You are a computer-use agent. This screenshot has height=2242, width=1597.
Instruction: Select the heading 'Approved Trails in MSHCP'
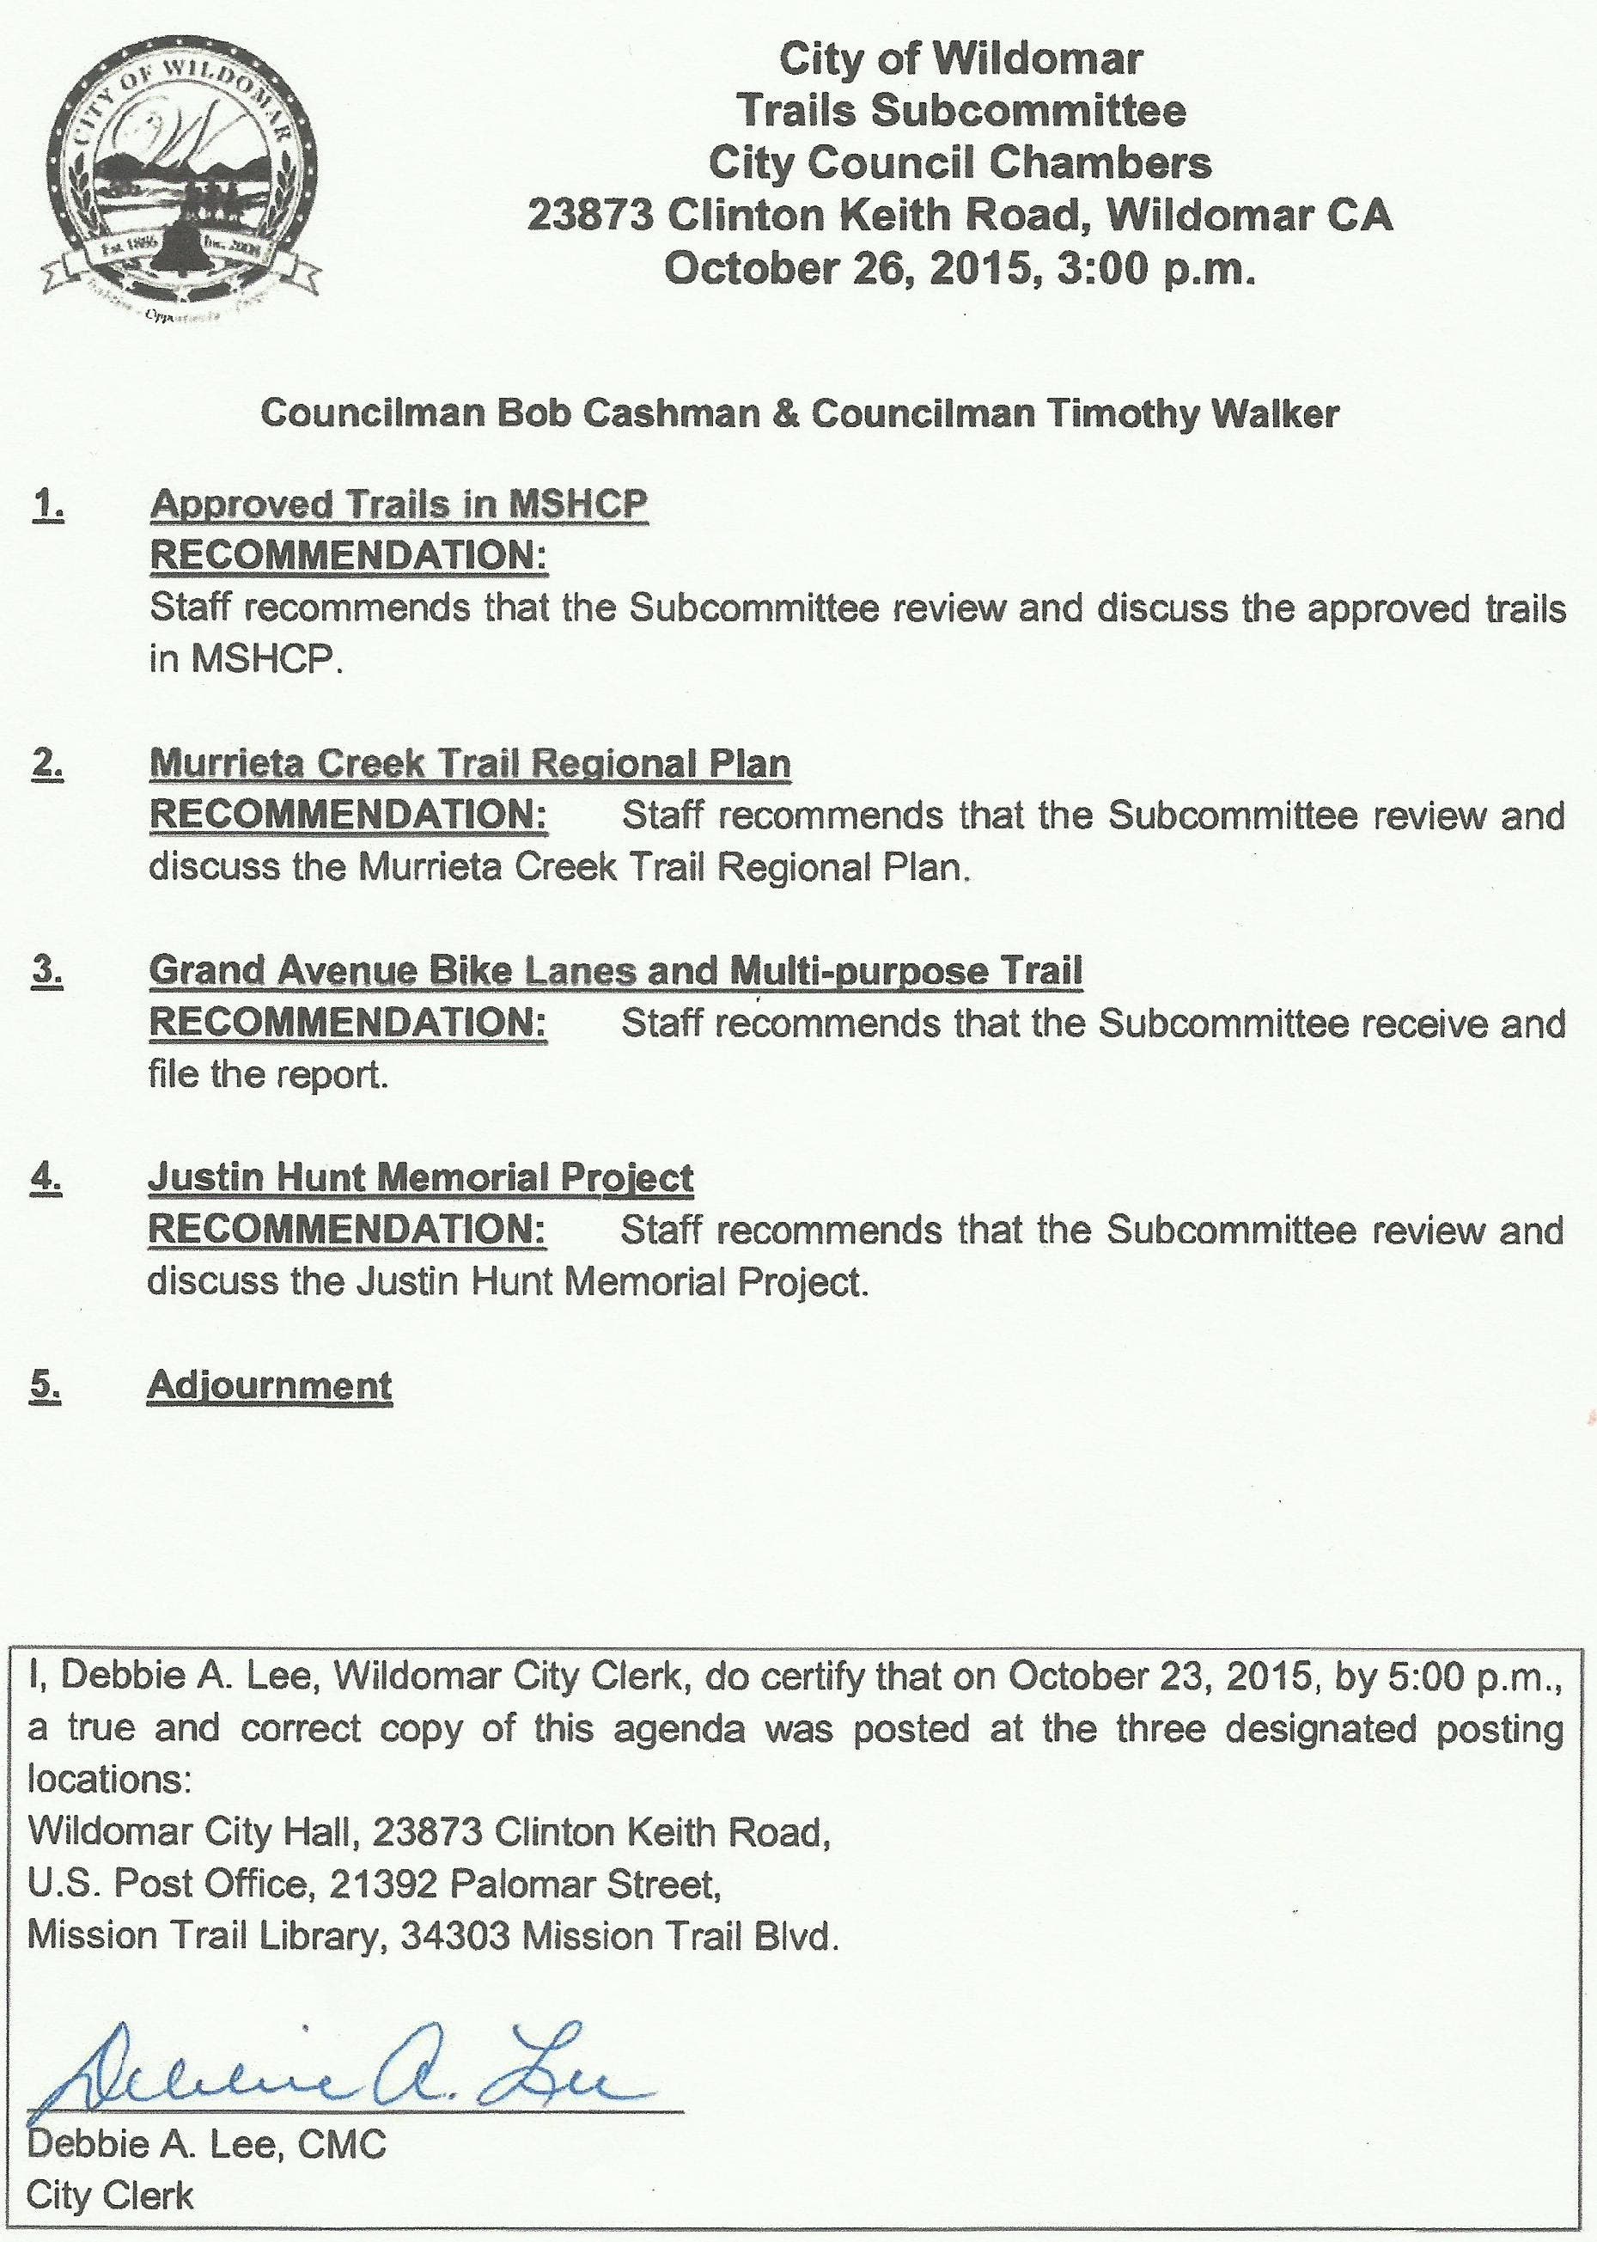399,504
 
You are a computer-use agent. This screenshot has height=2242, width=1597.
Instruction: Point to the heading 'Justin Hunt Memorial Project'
420,1177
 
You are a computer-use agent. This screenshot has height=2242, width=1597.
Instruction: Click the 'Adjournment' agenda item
270,1385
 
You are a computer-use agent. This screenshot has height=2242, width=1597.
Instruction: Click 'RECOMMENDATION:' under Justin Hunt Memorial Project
347,1230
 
